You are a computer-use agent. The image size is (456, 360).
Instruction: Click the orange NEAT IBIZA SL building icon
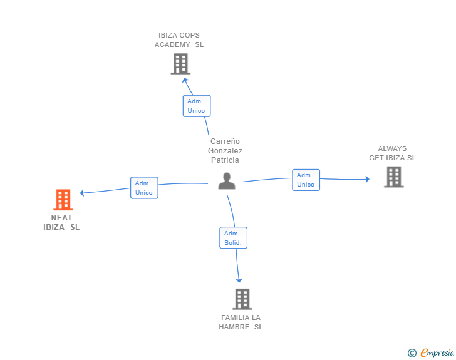(x=63, y=200)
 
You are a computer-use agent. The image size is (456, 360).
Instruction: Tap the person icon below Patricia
(x=227, y=181)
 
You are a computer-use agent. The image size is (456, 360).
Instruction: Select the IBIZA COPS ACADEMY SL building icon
(x=180, y=64)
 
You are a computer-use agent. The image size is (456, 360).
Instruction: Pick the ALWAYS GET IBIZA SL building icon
(x=394, y=177)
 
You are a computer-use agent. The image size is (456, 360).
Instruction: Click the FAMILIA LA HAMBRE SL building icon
(x=242, y=299)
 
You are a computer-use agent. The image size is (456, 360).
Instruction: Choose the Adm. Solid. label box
(x=233, y=237)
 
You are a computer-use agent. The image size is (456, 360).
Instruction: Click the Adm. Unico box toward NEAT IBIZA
(x=144, y=188)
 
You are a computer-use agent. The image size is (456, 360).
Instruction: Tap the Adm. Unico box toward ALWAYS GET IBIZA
(x=306, y=180)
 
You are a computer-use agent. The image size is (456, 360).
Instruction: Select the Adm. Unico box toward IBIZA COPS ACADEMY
(x=197, y=106)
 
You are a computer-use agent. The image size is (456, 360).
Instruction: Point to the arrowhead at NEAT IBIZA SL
(x=82, y=193)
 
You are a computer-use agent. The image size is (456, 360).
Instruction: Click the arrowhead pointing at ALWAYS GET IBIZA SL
(x=368, y=179)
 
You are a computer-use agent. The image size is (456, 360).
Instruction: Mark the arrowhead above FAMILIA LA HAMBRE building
(x=239, y=280)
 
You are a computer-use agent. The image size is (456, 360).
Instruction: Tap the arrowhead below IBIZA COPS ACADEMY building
(x=185, y=80)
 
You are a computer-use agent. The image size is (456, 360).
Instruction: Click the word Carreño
(x=225, y=141)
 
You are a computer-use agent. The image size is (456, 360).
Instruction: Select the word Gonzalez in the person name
(x=225, y=151)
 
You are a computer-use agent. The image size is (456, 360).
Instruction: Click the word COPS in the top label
(x=189, y=35)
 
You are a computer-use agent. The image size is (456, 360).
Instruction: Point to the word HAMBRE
(x=234, y=327)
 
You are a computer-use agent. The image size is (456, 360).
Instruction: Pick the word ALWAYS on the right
(x=392, y=148)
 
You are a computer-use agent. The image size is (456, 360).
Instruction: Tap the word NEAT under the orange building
(x=61, y=218)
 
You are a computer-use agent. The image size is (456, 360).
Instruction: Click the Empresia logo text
(x=437, y=352)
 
